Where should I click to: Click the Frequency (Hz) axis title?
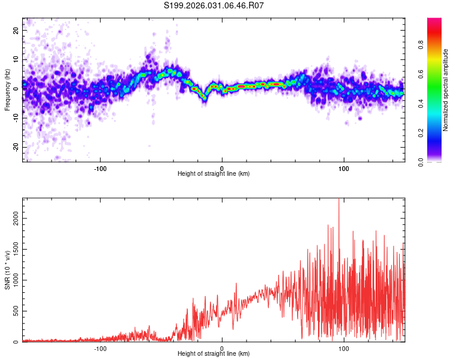coord(7,90)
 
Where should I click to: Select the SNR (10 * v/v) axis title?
coord(7,270)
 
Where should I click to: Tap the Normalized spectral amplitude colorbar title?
coord(446,90)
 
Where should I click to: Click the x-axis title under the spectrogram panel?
coord(214,173)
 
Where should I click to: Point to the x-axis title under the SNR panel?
coord(214,353)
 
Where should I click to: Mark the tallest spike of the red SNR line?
coord(339,200)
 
